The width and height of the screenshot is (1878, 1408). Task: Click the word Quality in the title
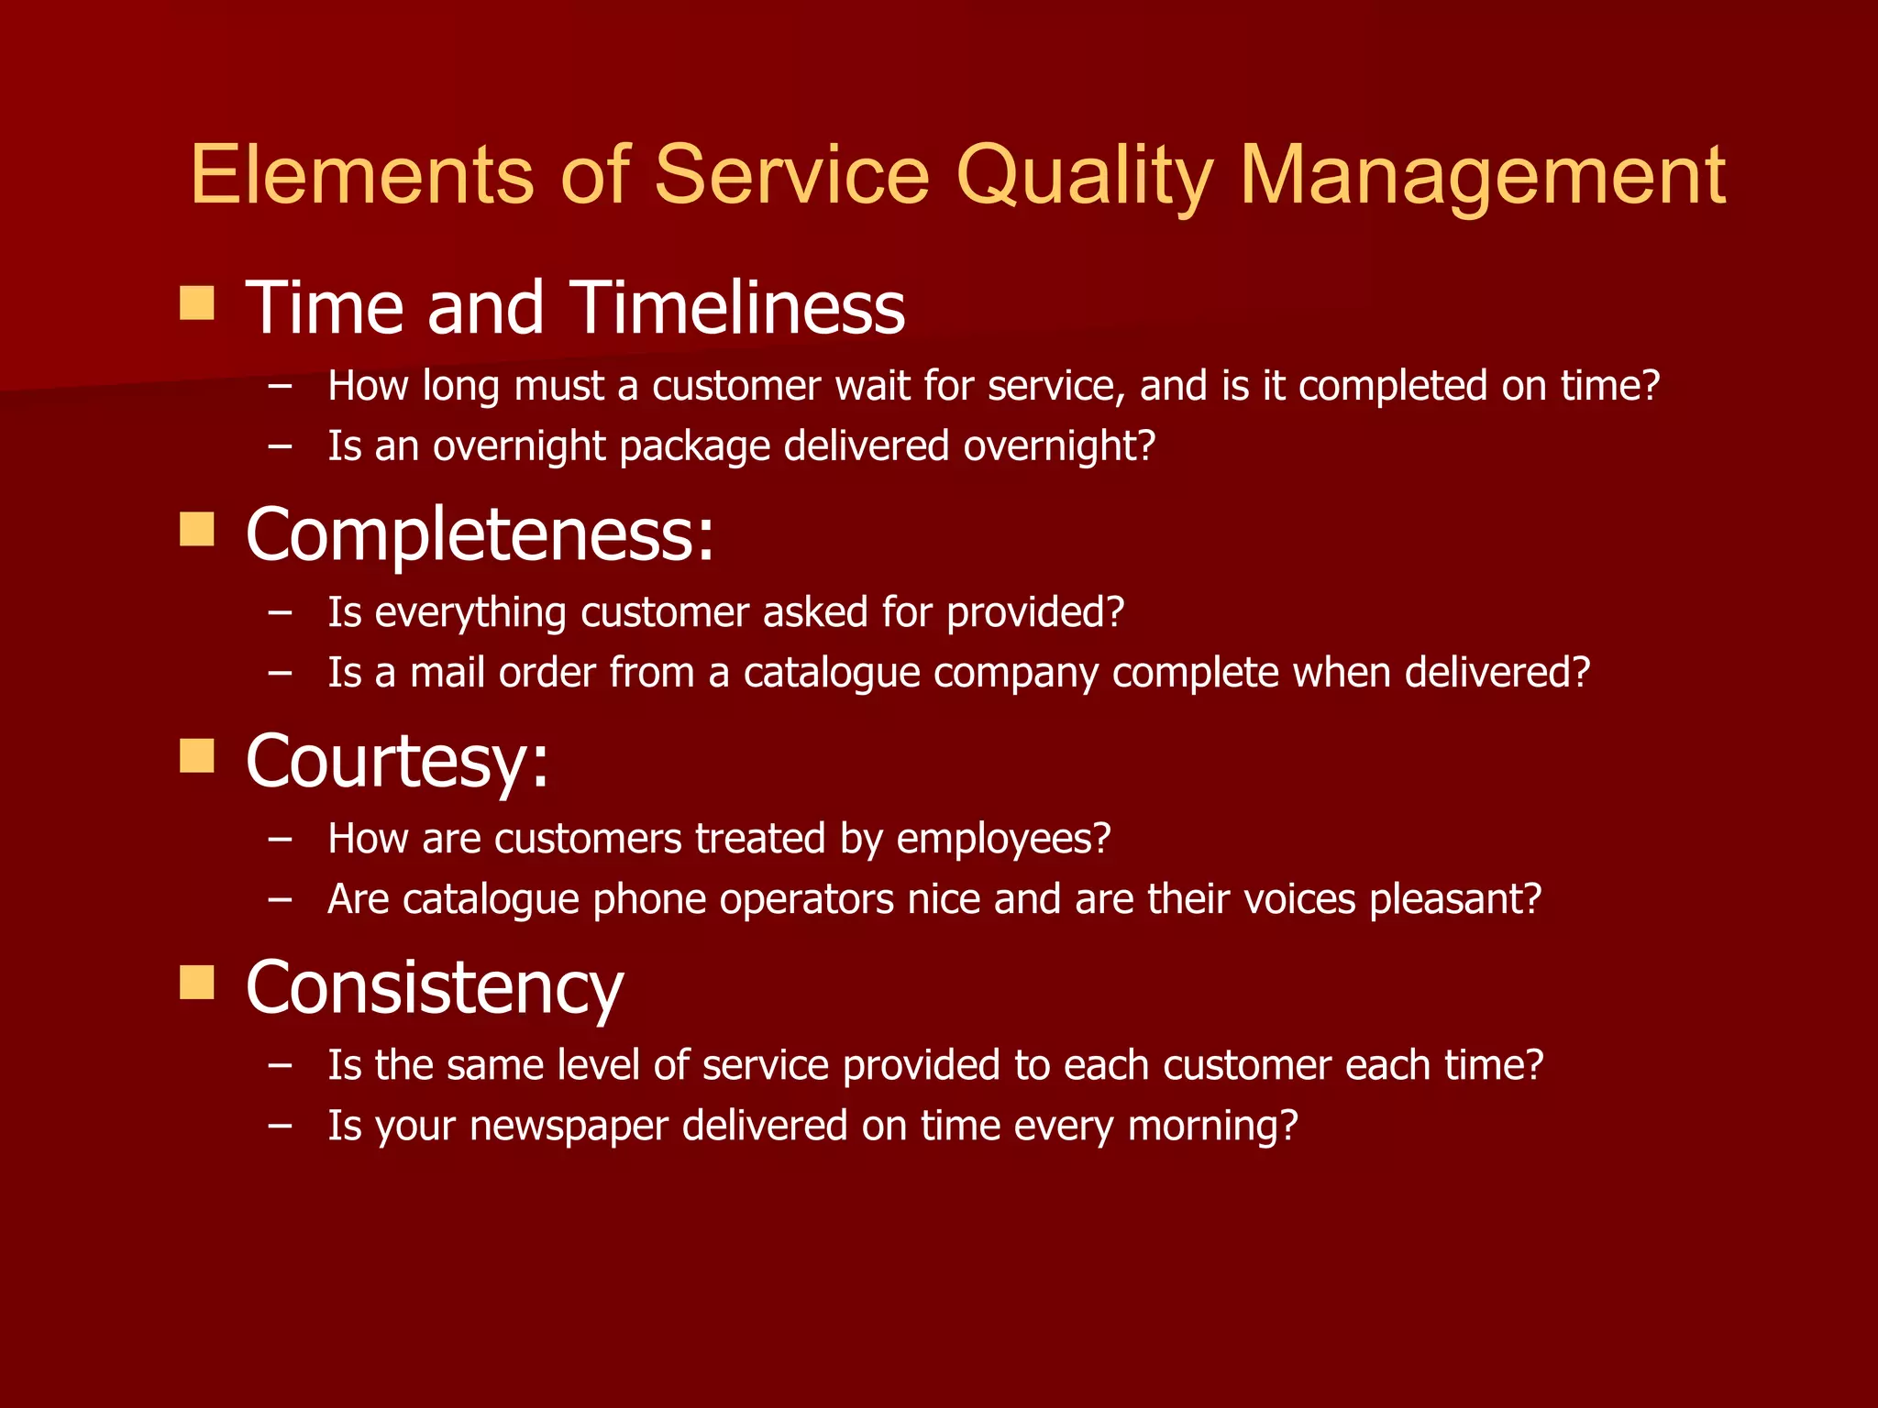(x=1084, y=176)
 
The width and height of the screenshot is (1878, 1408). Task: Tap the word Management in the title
(x=1482, y=176)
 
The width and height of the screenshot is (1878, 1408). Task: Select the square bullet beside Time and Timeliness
(x=197, y=302)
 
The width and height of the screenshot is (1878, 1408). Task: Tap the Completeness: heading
(x=480, y=534)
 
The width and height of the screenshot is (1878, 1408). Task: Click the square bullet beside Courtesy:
(x=197, y=756)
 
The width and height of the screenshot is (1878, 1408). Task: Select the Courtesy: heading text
(x=397, y=762)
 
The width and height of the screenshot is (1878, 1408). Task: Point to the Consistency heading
(x=435, y=988)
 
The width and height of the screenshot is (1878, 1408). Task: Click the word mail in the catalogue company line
(x=447, y=673)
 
